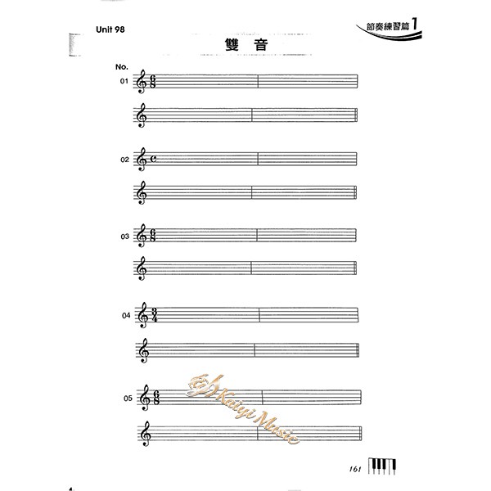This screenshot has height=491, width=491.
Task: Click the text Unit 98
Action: pyautogui.click(x=110, y=29)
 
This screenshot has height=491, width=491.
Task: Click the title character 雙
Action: pyautogui.click(x=232, y=45)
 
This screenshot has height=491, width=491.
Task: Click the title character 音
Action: pyautogui.click(x=261, y=45)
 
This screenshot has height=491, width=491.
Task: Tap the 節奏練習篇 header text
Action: pyautogui.click(x=388, y=26)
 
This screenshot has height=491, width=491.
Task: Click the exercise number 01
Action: pyautogui.click(x=124, y=81)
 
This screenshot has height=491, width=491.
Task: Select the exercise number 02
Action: pyautogui.click(x=124, y=160)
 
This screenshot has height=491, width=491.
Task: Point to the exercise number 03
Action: pyautogui.click(x=125, y=236)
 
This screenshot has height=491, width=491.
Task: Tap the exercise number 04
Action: pyautogui.click(x=126, y=315)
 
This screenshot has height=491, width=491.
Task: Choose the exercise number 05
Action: pyautogui.click(x=128, y=399)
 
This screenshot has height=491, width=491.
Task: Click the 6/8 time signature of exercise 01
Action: pyautogui.click(x=152, y=81)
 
